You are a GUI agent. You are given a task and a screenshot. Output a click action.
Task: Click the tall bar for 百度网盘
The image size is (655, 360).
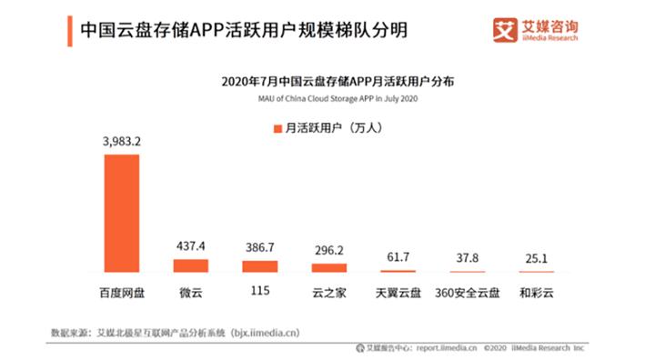pos(121,213)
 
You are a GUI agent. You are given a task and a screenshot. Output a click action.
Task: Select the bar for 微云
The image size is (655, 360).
pos(190,265)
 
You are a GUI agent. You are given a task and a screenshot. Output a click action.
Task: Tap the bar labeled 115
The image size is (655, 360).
pos(259,266)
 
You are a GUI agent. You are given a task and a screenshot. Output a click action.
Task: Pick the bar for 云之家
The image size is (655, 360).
pos(328,268)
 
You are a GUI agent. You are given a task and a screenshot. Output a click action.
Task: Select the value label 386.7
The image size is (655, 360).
pos(259,248)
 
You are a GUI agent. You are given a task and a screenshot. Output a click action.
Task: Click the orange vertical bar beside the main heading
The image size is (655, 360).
pos(71,29)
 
